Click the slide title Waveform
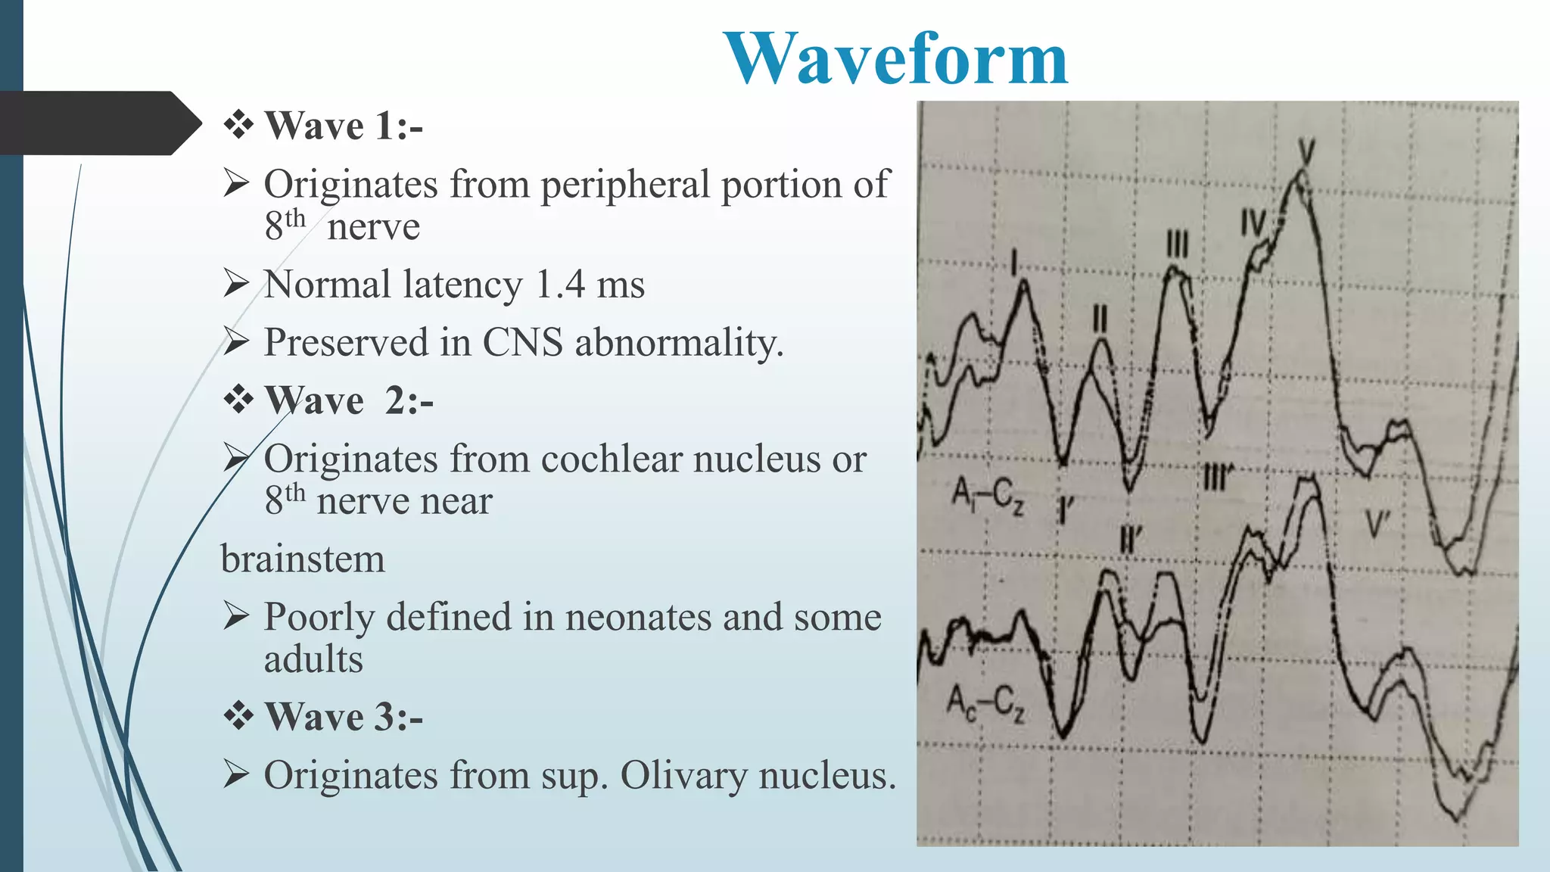pyautogui.click(x=895, y=58)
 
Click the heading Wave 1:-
pyautogui.click(x=343, y=126)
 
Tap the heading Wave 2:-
pyautogui.click(x=348, y=400)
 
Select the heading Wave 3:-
pyautogui.click(x=343, y=717)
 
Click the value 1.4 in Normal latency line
pyautogui.click(x=560, y=285)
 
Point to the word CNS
pyautogui.click(x=522, y=343)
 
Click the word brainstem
pyautogui.click(x=303, y=560)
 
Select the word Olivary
pyautogui.click(x=683, y=776)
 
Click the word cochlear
pyautogui.click(x=612, y=459)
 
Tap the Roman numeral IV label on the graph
pyautogui.click(x=1253, y=224)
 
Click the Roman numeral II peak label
pyautogui.click(x=1100, y=318)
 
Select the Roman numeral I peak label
pyautogui.click(x=1015, y=263)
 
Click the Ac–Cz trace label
pyautogui.click(x=986, y=702)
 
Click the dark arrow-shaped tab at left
pyautogui.click(x=98, y=123)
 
